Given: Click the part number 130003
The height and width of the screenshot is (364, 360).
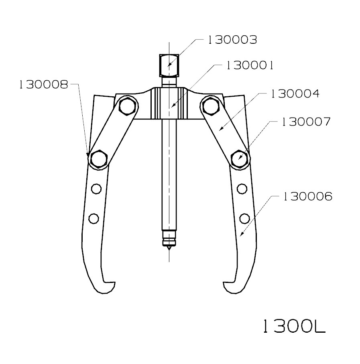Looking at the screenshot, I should coord(232,40).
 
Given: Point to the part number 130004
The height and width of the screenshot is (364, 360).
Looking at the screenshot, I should coord(295,94).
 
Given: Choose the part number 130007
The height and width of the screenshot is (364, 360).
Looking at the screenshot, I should coord(306,122).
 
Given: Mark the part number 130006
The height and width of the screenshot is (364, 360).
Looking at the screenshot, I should coord(307,197).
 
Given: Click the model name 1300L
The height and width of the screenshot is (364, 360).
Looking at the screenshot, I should coord(293,327).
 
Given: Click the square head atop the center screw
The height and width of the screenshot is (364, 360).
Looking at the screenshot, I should coord(169,65).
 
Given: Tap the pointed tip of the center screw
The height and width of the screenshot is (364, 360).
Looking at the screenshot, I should coord(169,248).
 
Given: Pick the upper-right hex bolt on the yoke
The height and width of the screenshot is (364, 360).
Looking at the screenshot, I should coord(210,106).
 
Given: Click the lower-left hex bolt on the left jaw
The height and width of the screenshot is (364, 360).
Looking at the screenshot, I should coord(98,159).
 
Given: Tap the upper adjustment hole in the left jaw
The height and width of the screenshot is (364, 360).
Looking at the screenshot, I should coord(96,187).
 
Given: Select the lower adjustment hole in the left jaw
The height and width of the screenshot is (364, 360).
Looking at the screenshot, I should coord(94,218).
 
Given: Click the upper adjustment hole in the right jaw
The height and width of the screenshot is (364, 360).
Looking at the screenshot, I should coord(242,187).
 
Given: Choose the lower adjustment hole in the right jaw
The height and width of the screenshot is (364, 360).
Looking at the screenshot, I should coord(244,218).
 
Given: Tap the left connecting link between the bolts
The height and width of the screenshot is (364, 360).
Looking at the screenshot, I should coord(113,132).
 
